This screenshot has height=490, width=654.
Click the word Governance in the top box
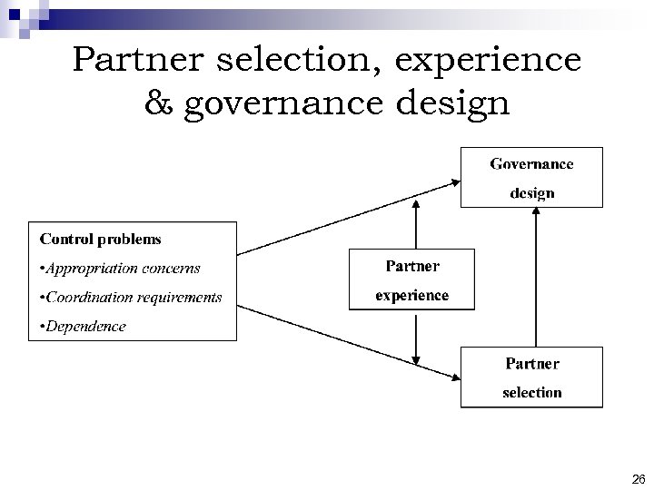(x=531, y=164)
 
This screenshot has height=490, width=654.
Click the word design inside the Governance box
(x=531, y=193)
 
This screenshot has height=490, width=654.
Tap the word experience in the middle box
(x=412, y=296)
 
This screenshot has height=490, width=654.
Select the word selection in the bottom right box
(x=532, y=393)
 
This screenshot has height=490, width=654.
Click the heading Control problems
(x=100, y=240)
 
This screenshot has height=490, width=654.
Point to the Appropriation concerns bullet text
(x=119, y=269)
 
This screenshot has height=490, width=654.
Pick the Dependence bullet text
(x=82, y=327)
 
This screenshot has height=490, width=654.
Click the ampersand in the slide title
(x=160, y=103)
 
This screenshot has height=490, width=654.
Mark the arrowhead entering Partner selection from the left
(x=454, y=377)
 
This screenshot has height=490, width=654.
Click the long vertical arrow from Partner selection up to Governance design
(x=537, y=277)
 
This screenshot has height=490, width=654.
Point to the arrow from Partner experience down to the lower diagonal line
(x=416, y=336)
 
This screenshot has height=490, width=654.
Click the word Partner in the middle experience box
(x=412, y=267)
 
